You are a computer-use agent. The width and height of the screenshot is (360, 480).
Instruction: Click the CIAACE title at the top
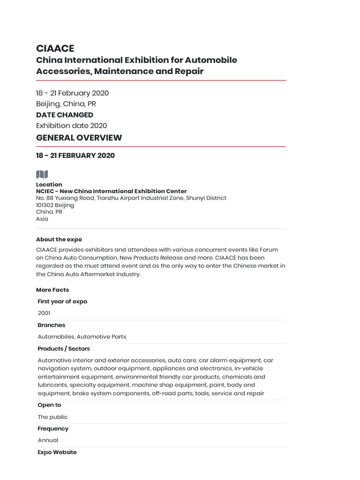coord(55,48)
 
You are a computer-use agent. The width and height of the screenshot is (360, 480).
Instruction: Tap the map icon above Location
coord(42,174)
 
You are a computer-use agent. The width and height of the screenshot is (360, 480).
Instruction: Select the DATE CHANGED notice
coord(65,115)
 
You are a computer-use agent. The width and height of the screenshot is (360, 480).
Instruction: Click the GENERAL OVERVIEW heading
coord(79,138)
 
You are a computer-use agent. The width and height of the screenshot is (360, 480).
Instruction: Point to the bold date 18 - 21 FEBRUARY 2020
coord(75,156)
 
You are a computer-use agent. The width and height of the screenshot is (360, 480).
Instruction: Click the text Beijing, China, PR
coord(66,104)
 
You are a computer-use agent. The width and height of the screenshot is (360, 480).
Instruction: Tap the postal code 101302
coord(45,205)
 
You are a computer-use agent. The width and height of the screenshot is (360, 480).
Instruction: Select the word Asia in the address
coord(42,219)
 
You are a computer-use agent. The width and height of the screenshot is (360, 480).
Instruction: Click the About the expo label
coord(59,240)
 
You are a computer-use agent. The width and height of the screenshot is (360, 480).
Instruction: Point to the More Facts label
coord(52,290)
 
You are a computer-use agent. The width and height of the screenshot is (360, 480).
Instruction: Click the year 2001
coord(44,313)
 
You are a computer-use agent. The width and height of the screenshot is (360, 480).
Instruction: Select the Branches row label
coord(52,325)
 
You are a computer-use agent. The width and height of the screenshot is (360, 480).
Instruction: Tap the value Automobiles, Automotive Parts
coord(82,337)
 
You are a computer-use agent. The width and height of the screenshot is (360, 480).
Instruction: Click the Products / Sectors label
coord(64,349)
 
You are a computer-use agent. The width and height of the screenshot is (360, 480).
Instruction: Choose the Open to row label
coord(50,405)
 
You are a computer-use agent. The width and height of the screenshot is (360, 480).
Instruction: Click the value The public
coord(52,417)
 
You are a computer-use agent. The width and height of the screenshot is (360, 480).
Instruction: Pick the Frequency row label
coord(53,428)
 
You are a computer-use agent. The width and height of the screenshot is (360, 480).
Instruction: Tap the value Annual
coord(48,440)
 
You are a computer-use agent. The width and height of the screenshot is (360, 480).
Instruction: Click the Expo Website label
coord(57,452)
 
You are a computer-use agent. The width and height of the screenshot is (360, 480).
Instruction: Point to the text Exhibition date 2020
coord(72,126)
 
